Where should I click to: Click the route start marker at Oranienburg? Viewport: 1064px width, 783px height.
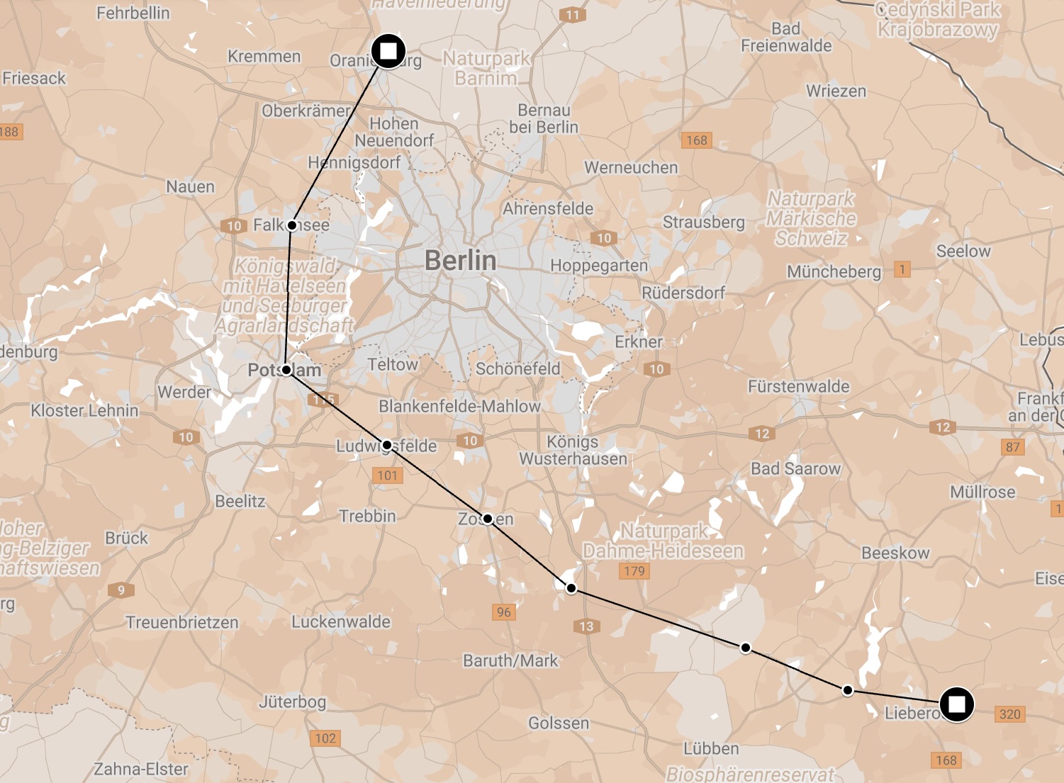388,51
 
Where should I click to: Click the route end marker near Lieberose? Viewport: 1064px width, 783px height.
956,704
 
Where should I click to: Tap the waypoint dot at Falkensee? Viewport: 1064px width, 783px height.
291,225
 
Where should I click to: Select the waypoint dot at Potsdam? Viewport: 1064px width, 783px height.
286,370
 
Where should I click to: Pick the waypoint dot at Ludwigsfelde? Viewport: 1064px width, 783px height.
387,445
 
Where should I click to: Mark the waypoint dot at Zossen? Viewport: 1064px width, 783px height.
488,519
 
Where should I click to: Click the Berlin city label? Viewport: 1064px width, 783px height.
460,261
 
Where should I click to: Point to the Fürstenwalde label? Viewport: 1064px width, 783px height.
798,386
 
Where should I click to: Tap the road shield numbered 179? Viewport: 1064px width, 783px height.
634,571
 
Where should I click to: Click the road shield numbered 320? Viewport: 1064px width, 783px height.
1009,714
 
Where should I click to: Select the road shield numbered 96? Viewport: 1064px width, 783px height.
503,612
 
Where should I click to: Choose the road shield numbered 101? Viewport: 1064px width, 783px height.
387,475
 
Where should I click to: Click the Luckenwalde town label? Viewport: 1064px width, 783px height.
341,621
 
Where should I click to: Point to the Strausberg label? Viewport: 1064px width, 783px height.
703,222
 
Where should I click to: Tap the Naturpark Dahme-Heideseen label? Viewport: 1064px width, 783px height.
663,541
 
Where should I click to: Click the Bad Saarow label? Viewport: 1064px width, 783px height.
795,468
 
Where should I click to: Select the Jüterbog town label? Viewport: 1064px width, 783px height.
292,702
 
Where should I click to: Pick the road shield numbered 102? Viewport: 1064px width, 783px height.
325,738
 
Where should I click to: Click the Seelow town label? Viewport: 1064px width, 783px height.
963,251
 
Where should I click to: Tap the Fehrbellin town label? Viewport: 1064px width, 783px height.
133,13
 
